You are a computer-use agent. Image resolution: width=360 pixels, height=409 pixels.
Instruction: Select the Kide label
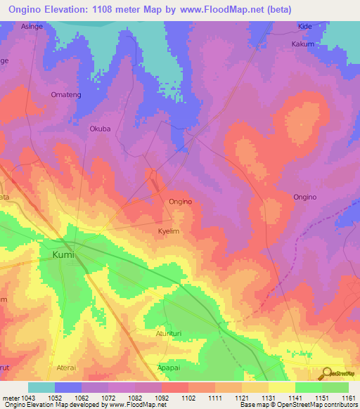point(304,26)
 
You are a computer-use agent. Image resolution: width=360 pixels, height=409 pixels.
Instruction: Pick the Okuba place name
point(101,129)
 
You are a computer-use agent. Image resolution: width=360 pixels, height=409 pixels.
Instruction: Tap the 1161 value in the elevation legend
point(347,398)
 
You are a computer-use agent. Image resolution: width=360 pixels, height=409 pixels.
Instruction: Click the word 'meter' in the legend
point(11,398)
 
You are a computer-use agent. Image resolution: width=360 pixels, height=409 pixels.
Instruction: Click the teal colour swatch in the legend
point(41,387)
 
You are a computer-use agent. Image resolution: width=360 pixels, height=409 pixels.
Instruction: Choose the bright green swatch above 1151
point(309,387)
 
